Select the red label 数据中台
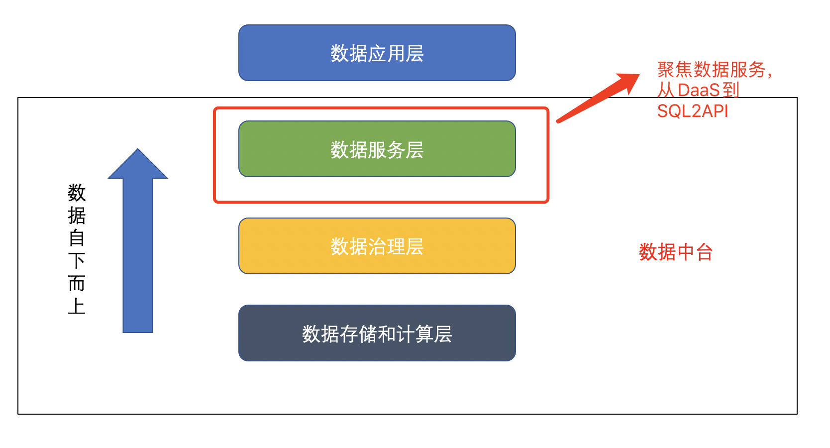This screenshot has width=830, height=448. click(x=675, y=252)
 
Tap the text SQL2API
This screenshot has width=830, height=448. click(x=692, y=111)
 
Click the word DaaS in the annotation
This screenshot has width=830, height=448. click(x=699, y=91)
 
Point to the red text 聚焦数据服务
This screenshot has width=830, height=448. click(x=711, y=70)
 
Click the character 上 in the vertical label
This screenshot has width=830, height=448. click(x=77, y=306)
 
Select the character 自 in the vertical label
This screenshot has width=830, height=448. click(x=77, y=238)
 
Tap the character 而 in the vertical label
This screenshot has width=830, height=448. click(x=77, y=283)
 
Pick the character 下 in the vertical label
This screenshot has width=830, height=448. click(x=77, y=260)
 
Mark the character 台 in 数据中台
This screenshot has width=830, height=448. click(x=705, y=252)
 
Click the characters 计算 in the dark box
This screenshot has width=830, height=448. click(x=414, y=334)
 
